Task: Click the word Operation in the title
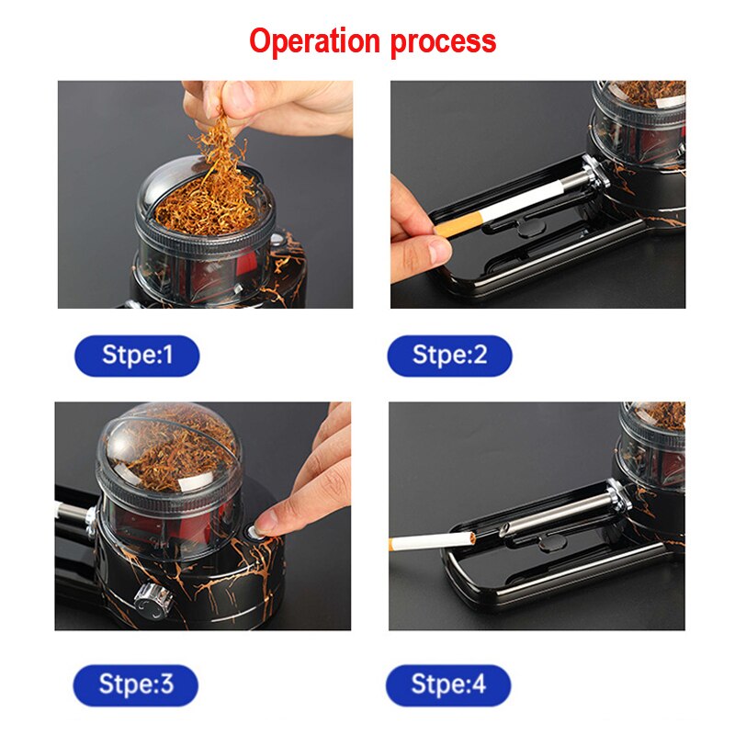pos(314,41)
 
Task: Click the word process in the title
pos(443,43)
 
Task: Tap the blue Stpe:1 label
pos(137,356)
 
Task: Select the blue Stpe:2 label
pos(449,356)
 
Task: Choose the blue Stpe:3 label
pos(135,684)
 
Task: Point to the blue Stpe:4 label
pos(448,684)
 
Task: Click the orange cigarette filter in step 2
pos(458,225)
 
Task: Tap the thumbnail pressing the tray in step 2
pos(440,251)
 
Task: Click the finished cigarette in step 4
pos(432,542)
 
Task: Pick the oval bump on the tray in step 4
pos(550,544)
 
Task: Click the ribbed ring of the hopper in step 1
pos(202,240)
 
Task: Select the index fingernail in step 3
pos(264,521)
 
